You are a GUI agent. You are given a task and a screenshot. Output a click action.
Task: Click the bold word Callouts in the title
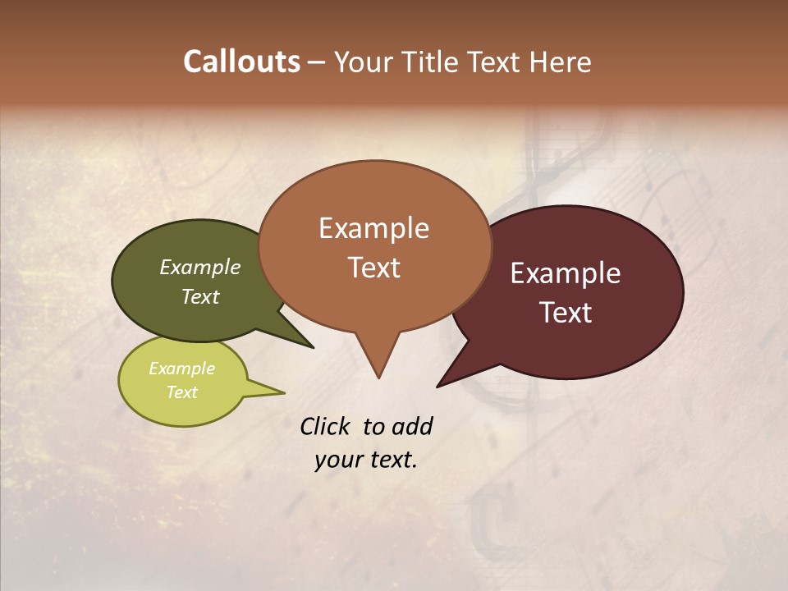(241, 62)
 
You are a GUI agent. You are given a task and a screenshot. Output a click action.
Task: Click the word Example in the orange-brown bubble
(373, 228)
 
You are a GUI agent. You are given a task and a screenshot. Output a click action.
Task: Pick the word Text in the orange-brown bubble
(373, 268)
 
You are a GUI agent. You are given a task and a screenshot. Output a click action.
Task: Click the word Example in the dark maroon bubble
(566, 273)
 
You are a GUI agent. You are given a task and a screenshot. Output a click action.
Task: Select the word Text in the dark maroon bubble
(566, 313)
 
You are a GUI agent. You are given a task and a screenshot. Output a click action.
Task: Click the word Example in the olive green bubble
(200, 267)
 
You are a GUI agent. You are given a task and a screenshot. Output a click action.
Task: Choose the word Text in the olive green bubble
(200, 296)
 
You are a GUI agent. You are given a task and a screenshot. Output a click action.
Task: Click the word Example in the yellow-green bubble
(182, 369)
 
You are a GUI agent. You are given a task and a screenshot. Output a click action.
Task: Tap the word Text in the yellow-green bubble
(182, 392)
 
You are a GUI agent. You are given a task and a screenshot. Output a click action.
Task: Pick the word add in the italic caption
(411, 426)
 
